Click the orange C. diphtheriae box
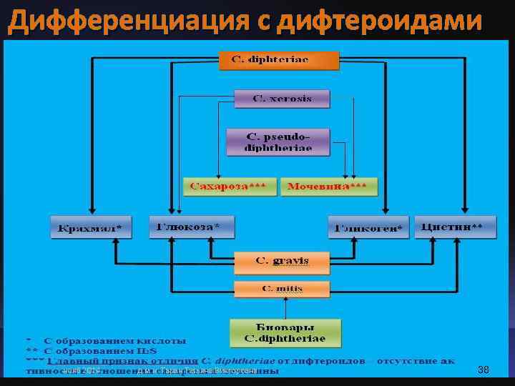coord(280,59)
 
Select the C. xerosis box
coord(282,99)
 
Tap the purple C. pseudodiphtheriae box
coord(278,142)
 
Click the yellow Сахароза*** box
coord(228,187)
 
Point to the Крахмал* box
coord(91,228)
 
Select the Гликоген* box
coord(368,228)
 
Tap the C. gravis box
coord(282,261)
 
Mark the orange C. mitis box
coord(282,289)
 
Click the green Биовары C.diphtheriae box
coord(285,333)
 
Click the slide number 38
coord(483,370)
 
